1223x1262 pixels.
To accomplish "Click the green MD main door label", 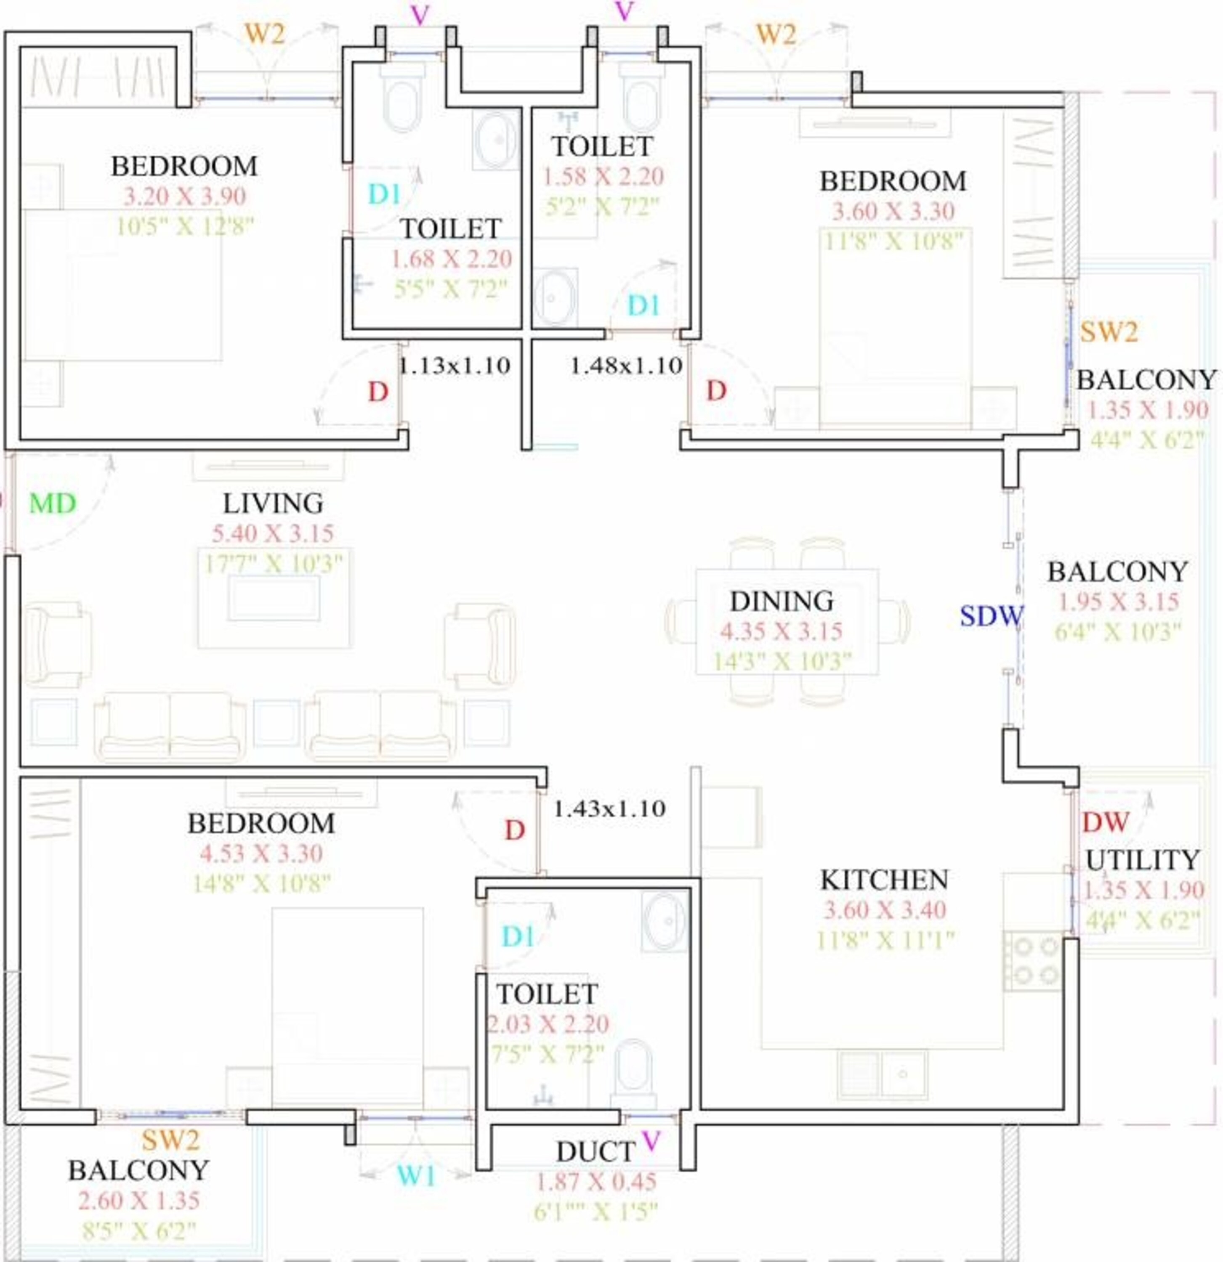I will [x=53, y=504].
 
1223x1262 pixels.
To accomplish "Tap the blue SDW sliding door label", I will [x=990, y=616].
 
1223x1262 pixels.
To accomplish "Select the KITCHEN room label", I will [x=884, y=880].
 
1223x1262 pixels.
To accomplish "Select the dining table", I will [x=786, y=621].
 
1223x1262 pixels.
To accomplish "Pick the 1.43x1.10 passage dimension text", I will [x=609, y=808].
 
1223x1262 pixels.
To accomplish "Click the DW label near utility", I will [x=1105, y=822].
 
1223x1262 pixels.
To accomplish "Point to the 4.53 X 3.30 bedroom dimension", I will [x=261, y=854].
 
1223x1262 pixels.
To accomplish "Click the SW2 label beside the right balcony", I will [x=1109, y=332].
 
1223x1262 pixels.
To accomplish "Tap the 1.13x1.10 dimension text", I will [x=455, y=366].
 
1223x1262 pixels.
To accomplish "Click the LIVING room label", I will [x=273, y=504].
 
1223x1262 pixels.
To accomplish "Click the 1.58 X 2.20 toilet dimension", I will [x=603, y=176].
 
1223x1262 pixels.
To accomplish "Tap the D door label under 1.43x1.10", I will [x=514, y=830].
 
